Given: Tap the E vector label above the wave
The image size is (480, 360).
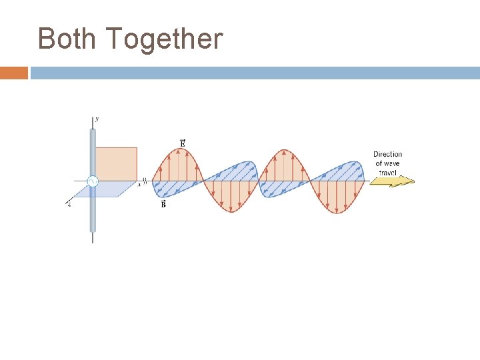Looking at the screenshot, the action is click(183, 143).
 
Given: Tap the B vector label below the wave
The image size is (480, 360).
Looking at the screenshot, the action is click(163, 205).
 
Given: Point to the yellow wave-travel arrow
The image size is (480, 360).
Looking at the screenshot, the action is click(392, 181).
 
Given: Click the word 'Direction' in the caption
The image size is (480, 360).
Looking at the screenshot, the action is click(387, 154).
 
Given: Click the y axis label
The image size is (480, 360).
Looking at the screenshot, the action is click(97, 119).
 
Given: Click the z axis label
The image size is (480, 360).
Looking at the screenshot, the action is click(69, 204).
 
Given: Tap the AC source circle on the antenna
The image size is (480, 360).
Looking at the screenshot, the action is click(93, 181).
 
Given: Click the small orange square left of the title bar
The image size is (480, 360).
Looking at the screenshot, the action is click(13, 73).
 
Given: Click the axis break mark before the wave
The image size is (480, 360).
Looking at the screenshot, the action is click(145, 181).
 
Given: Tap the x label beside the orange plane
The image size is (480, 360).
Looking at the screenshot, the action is click(139, 184).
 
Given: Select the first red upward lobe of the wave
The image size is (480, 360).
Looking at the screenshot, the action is click(178, 165).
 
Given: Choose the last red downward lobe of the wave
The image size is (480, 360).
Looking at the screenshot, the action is click(337, 197).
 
